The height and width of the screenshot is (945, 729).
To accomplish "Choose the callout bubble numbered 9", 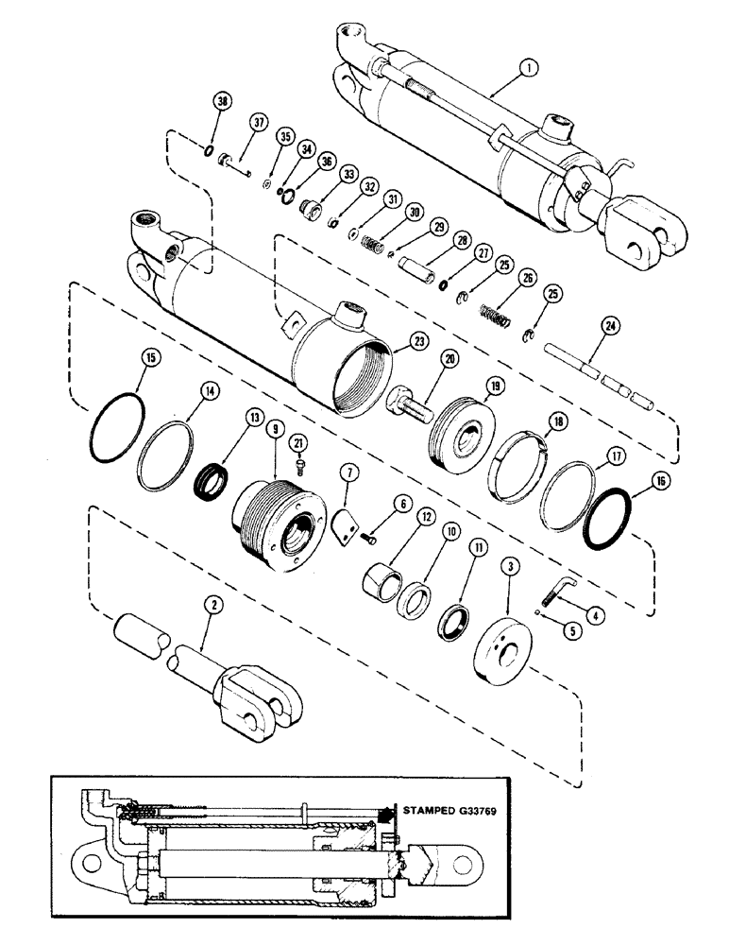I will click(x=276, y=427).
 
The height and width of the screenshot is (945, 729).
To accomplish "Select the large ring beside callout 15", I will click(x=116, y=431).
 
